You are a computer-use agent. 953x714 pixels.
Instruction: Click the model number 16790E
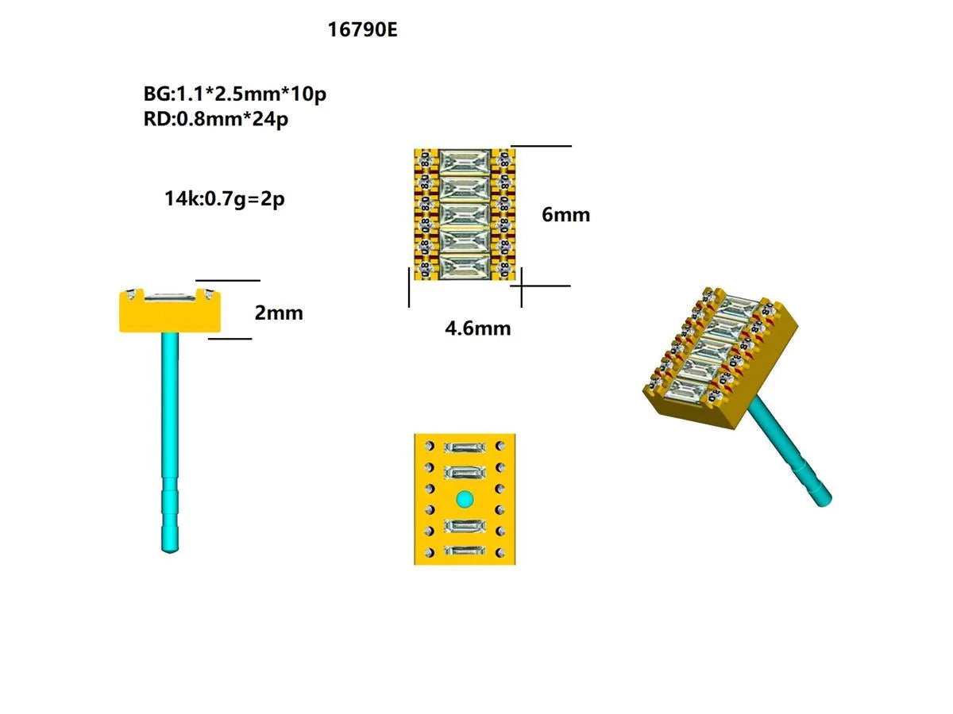362,30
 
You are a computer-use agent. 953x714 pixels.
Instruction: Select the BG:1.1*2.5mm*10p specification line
235,94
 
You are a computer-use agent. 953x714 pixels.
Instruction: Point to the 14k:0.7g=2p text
225,198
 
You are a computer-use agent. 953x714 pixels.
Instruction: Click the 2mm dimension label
279,313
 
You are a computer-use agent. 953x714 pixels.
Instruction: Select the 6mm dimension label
566,214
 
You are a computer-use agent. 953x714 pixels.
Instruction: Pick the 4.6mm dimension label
478,328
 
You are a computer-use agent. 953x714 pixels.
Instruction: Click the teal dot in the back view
465,499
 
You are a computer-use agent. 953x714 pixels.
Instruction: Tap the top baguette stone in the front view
465,162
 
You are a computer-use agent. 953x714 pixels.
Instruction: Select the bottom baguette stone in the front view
465,266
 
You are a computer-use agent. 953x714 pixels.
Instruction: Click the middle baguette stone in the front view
465,214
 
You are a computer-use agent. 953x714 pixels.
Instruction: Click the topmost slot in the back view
465,448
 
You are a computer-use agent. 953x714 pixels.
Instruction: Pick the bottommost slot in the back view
465,551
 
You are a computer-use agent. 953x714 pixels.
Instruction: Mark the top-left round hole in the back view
430,446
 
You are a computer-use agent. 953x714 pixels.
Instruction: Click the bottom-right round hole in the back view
500,552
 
